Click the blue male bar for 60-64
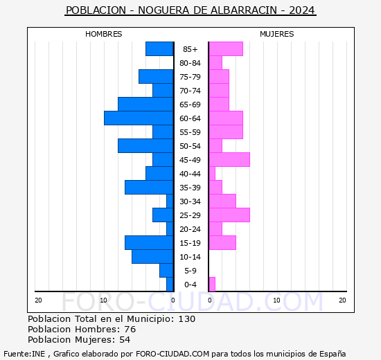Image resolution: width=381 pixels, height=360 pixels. (139, 118)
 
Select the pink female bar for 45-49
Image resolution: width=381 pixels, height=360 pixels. (229, 160)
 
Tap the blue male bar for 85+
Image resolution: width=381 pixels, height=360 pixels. (159, 49)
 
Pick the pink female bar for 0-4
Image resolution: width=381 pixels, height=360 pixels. (212, 285)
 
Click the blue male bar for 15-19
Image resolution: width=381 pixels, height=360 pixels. (149, 243)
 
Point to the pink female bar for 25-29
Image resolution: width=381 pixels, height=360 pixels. (229, 215)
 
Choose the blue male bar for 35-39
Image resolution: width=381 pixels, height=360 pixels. (149, 188)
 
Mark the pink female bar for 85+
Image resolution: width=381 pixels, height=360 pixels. (226, 49)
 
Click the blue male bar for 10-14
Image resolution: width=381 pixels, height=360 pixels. (152, 257)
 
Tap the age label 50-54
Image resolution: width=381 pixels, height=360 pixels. (190, 146)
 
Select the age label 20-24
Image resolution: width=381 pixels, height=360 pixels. (190, 229)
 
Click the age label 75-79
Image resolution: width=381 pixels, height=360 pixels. (190, 77)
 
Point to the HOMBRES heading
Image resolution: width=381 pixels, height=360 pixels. (104, 34)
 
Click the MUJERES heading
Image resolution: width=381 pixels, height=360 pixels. (277, 34)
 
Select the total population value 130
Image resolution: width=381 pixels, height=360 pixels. (186, 319)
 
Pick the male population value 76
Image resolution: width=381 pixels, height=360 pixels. (129, 330)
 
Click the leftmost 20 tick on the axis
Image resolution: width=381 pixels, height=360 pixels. (39, 300)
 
